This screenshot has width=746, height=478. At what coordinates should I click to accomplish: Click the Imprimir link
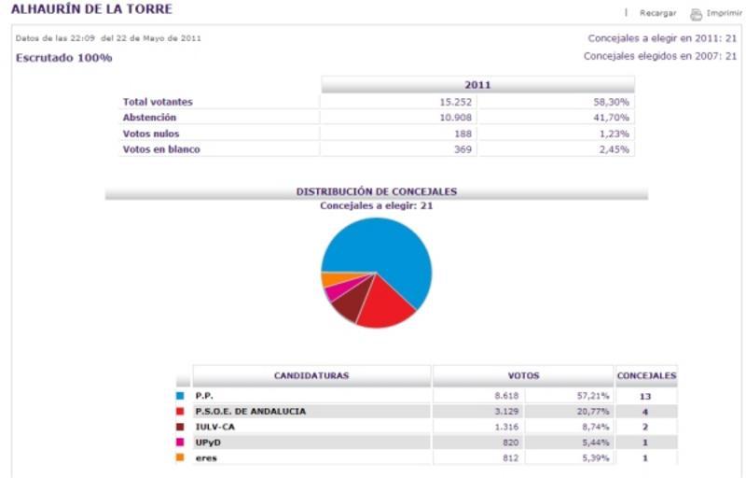724,13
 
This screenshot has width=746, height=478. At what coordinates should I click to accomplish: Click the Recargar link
657,13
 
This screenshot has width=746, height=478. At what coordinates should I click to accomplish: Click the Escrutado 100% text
64,58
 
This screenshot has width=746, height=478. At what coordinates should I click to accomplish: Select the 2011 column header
477,85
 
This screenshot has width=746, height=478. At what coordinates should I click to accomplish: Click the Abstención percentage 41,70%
612,118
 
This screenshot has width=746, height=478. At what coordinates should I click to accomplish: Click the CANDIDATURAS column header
311,376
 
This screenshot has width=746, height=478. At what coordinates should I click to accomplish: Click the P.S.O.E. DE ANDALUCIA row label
250,412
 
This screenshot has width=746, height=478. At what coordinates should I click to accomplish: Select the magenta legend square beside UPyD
181,443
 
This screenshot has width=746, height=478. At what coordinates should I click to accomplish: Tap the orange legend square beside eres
181,458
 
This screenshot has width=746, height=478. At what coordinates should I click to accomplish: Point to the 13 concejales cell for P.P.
644,397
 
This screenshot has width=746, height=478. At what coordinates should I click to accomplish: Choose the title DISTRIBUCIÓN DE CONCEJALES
377,191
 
